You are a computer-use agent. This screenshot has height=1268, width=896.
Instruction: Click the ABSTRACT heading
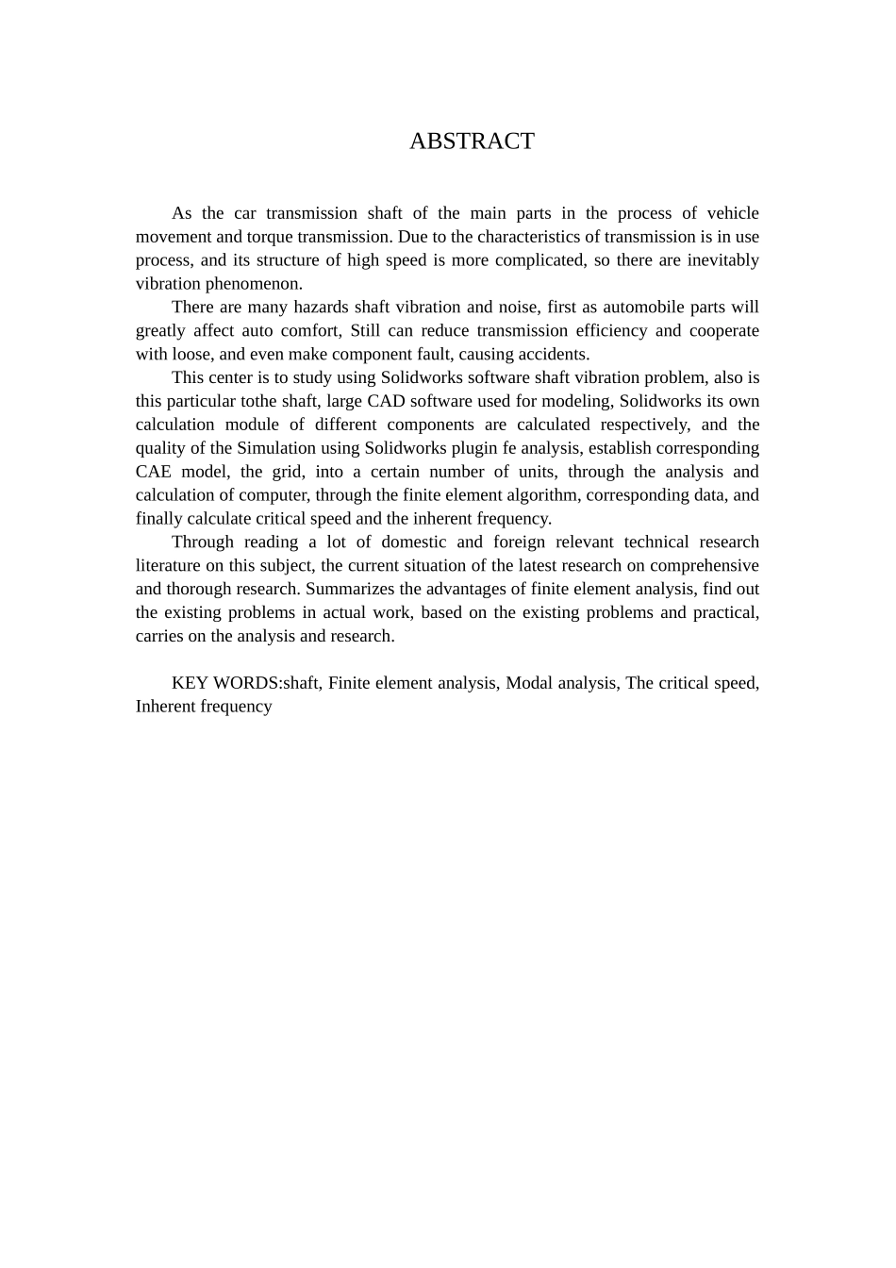point(472,142)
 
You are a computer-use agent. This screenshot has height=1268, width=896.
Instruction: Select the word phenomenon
point(254,284)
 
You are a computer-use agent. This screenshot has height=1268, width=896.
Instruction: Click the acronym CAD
point(380,402)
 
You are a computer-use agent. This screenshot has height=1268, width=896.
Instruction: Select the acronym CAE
point(153,472)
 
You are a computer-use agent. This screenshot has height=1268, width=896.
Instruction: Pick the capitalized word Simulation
point(275,448)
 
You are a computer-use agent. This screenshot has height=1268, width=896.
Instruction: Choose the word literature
point(168,566)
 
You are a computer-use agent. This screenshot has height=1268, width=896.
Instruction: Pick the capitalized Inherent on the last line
point(166,707)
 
